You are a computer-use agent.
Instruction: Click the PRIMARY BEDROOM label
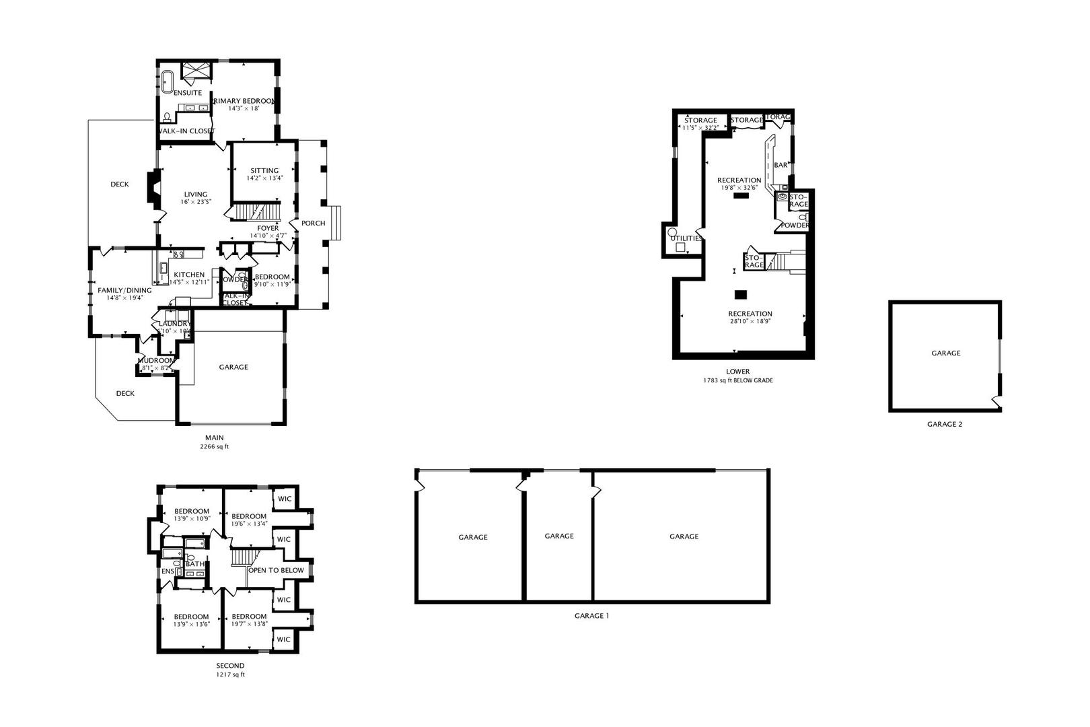pos(244,101)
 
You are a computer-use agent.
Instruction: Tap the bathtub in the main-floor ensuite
pos(166,80)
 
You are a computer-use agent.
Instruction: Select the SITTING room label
pos(264,170)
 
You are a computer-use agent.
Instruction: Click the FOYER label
pos(268,228)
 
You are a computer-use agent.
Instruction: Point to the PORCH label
pos(313,223)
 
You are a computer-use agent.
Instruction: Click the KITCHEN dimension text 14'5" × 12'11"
pos(189,283)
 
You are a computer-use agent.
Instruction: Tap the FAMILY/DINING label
pos(124,290)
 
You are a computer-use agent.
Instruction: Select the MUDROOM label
pos(155,360)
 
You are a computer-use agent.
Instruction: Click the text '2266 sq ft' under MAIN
pos(214,446)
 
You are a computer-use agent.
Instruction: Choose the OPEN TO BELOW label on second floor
pos(276,570)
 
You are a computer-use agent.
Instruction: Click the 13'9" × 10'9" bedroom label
pos(192,519)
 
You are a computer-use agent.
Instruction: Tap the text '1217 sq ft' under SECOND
pos(230,674)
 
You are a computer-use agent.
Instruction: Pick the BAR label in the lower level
pos(780,165)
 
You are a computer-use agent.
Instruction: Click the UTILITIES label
pos(686,238)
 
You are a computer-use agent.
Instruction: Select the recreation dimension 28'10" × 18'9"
pos(750,322)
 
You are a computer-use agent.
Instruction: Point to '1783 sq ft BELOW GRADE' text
pos(737,380)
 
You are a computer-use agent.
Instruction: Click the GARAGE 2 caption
pos(945,424)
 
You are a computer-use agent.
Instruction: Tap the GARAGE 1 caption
pos(591,615)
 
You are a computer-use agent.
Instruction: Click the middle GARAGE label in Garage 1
pos(558,536)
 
